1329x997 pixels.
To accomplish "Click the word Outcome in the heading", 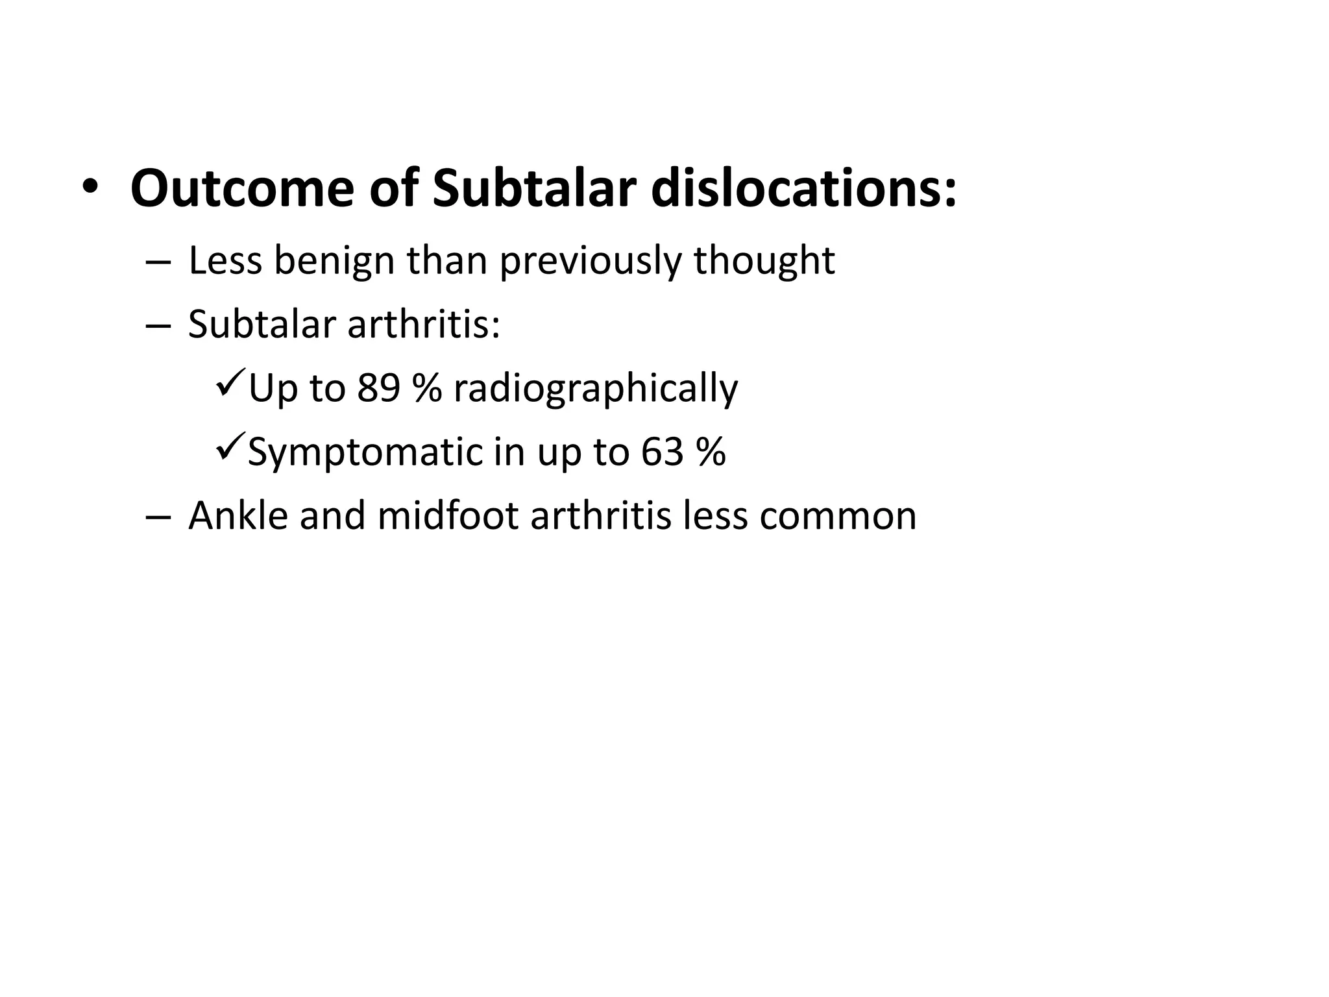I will (242, 189).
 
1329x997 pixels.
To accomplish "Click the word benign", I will (334, 261).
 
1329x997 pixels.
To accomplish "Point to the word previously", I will (591, 261).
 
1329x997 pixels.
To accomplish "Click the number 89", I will (378, 388).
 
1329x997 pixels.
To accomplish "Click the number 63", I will (662, 452).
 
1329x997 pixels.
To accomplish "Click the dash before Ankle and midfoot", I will (158, 517).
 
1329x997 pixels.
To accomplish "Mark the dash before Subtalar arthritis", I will (158, 326).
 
